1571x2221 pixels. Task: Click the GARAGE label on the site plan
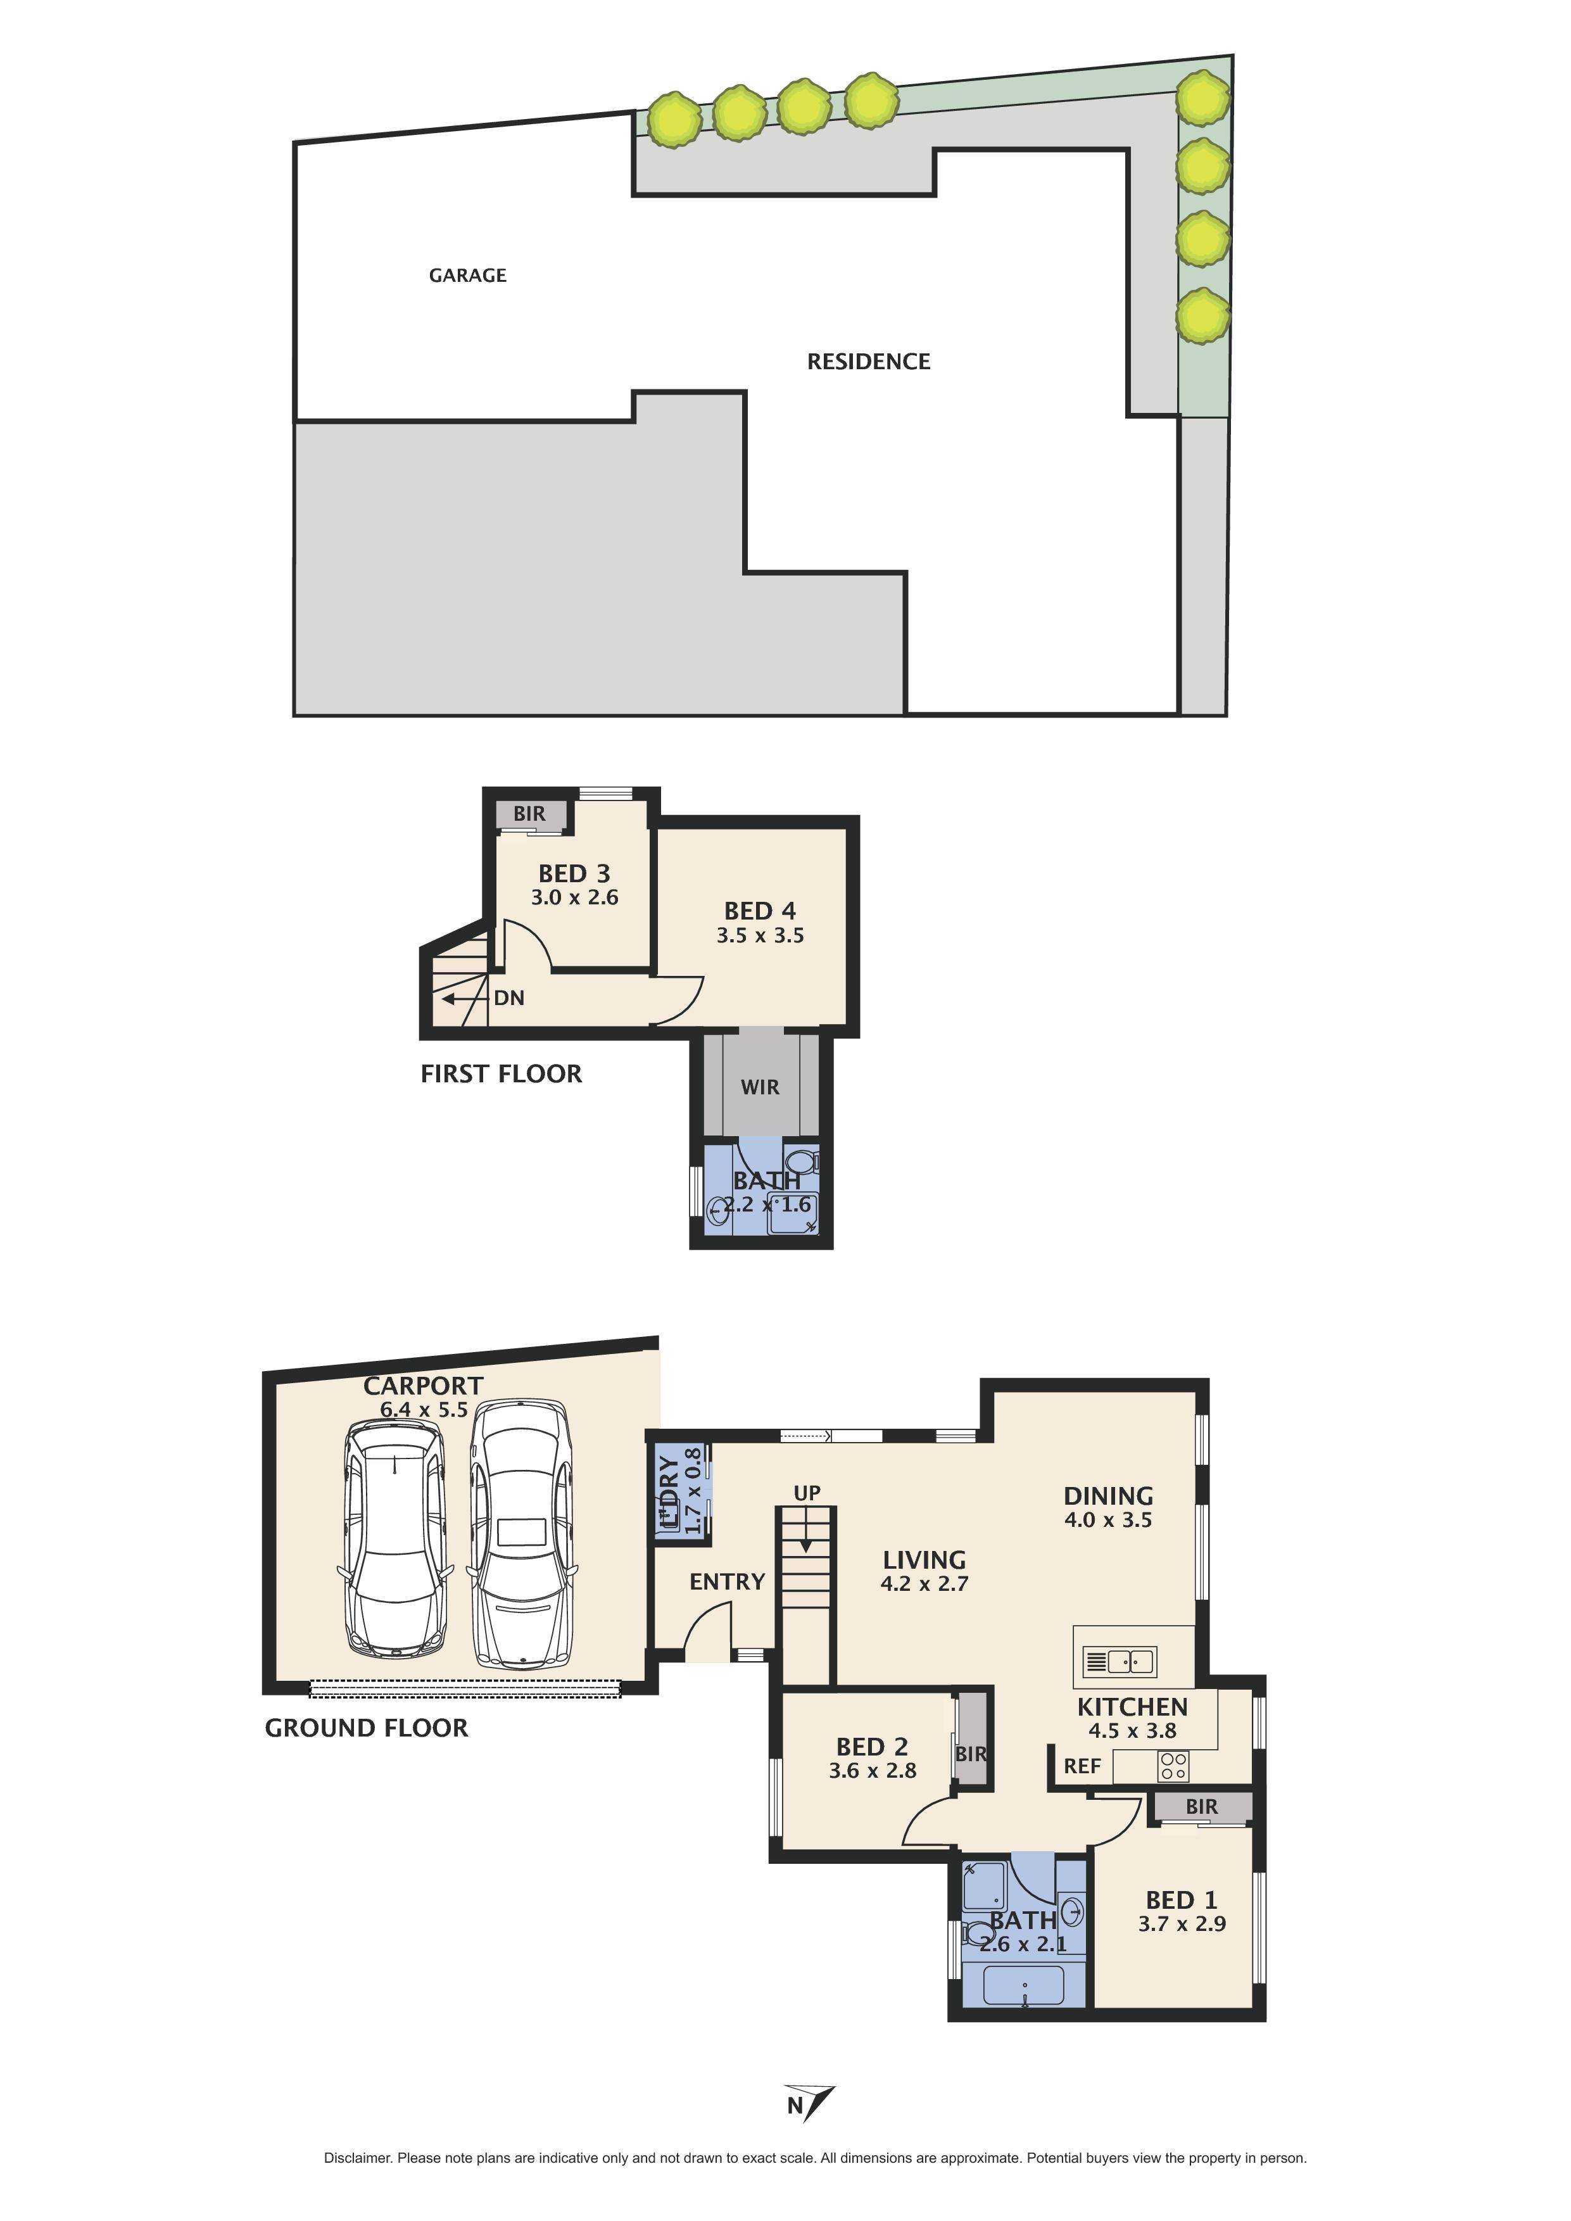click(x=467, y=275)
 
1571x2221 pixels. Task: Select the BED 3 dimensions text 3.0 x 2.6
click(x=574, y=897)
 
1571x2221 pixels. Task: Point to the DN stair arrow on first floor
click(x=455, y=997)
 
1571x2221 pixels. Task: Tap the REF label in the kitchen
click(x=1082, y=1766)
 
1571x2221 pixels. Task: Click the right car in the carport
click(x=521, y=1533)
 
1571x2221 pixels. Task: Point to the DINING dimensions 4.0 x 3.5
click(x=1107, y=1520)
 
